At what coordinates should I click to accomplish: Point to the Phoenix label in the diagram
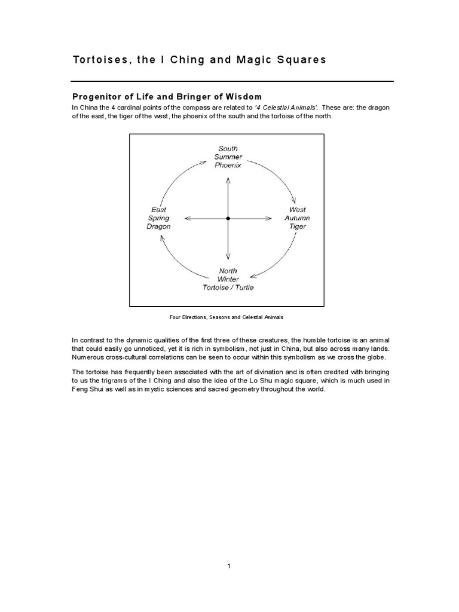pos(228,166)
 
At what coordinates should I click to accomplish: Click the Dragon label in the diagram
pos(158,227)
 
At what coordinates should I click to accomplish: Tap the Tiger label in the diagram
pos(297,227)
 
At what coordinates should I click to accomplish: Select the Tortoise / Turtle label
pos(228,287)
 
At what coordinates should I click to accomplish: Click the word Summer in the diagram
pos(228,157)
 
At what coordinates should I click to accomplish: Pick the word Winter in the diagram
pos(228,279)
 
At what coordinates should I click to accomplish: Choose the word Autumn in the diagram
pos(297,218)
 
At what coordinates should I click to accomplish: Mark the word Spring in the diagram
pos(158,218)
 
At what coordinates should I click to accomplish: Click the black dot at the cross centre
pos(228,219)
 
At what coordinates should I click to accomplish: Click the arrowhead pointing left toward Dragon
pos(188,219)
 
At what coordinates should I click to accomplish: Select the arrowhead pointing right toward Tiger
pos(268,219)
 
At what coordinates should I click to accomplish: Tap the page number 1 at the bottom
pos(228,567)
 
